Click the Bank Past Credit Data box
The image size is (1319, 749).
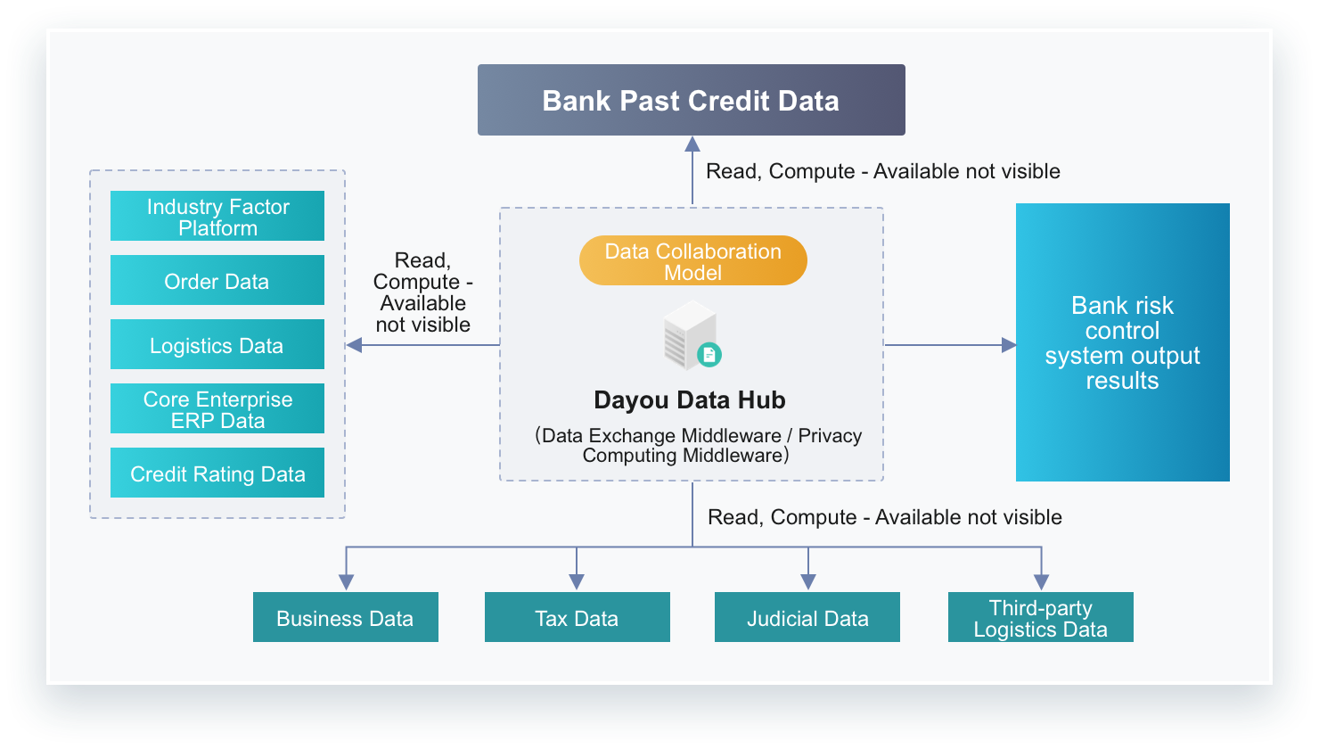click(x=692, y=100)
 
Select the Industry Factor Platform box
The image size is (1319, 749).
click(x=217, y=216)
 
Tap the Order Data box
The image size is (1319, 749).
click(x=217, y=280)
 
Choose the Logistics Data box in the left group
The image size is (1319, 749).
click(x=217, y=344)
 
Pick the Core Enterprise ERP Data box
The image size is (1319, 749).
click(x=217, y=408)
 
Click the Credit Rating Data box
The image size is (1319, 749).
click(x=217, y=473)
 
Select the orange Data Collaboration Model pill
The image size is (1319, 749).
click(x=693, y=260)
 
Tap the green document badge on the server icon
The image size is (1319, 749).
click(x=709, y=355)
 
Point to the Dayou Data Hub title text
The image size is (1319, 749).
click(x=690, y=400)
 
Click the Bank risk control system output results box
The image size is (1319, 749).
click(x=1122, y=342)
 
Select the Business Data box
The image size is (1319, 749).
click(x=346, y=617)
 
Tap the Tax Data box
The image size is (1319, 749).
click(x=578, y=617)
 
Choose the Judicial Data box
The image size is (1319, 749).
click(x=807, y=617)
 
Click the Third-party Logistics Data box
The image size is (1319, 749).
click(x=1040, y=617)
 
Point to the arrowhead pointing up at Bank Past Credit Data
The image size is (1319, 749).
click(x=692, y=144)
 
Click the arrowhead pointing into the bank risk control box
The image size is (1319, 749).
click(x=1009, y=345)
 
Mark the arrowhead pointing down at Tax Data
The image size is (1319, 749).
click(x=577, y=582)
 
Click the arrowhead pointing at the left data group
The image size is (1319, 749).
click(x=353, y=345)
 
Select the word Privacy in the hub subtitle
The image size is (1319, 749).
click(x=830, y=435)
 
